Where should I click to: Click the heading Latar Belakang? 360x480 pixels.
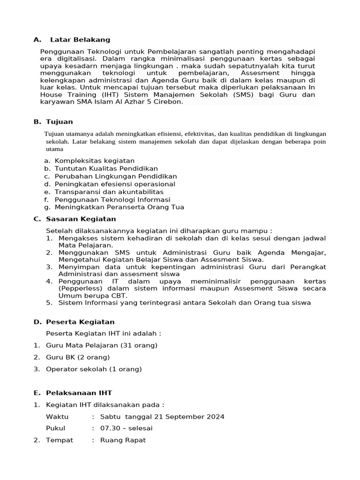tap(80, 39)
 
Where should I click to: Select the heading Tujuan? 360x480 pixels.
tap(59, 122)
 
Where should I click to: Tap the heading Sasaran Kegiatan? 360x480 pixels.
tap(81, 219)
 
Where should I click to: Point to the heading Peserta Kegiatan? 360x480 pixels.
tap(80, 322)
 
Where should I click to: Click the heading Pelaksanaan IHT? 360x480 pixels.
tap(79, 393)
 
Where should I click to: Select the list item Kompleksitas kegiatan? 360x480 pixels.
tap(94, 161)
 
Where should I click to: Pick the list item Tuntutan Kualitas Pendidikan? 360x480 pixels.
tap(106, 168)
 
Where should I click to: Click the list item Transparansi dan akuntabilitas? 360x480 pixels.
tap(109, 192)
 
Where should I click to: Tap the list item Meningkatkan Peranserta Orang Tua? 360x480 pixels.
tap(119, 207)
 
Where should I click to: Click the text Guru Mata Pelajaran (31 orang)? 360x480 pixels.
tap(101, 345)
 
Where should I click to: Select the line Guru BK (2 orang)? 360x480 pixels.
tap(78, 357)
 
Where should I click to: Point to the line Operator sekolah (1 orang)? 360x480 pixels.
tap(93, 369)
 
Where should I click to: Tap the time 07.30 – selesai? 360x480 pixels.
tap(126, 428)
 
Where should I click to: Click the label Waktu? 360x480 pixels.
tap(57, 417)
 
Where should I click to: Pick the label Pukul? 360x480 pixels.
tap(55, 428)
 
